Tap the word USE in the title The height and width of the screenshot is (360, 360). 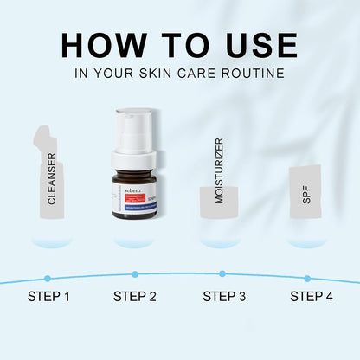[x=254, y=46]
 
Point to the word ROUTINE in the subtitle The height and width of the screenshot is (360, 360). [x=252, y=74]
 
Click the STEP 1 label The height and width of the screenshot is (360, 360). [x=48, y=297]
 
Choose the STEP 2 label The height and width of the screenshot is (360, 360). [x=135, y=297]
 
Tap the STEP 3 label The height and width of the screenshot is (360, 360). [x=224, y=297]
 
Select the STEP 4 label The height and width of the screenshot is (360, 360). [x=311, y=297]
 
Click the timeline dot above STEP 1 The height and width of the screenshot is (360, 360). [x=48, y=278]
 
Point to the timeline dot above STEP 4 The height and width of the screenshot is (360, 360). [x=307, y=278]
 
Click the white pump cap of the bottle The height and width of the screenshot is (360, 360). [x=133, y=130]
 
